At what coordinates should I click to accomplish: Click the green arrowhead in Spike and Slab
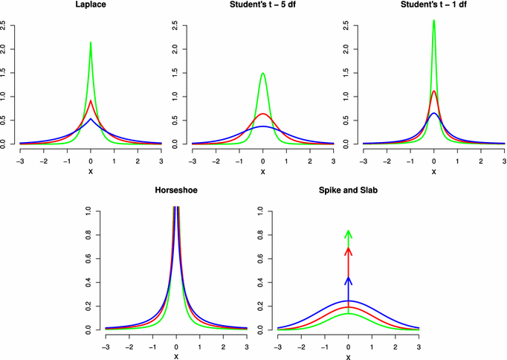pos(348,234)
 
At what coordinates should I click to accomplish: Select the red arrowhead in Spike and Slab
pos(348,251)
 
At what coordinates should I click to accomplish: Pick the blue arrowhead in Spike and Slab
pos(348,280)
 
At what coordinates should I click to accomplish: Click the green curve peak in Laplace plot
pos(91,43)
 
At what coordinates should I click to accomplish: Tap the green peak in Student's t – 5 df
pos(262,73)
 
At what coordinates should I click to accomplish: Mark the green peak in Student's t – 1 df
pos(434,21)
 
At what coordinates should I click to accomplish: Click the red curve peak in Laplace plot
pos(91,100)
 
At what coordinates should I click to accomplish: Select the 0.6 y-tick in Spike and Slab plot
pos(262,259)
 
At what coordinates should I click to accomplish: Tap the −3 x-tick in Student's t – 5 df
pos(193,160)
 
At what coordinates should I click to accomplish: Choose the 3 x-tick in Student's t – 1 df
pos(504,160)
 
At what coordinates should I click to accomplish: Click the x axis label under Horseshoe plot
pos(176,356)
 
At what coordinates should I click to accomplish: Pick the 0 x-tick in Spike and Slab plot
pos(348,346)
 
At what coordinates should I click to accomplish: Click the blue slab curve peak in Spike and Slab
pos(348,300)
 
